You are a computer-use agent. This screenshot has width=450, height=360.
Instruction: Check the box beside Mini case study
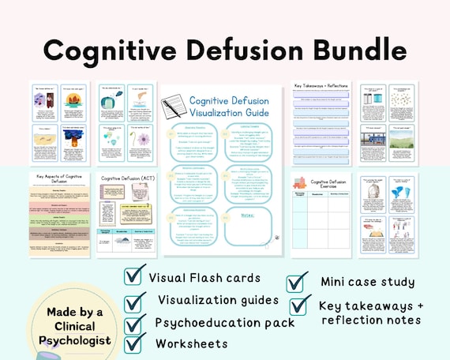pos(297,282)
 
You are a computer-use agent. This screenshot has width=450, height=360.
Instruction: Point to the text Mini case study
pos(369,280)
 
